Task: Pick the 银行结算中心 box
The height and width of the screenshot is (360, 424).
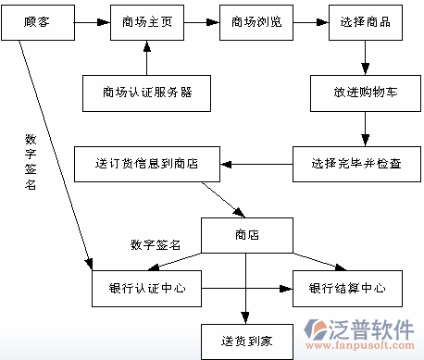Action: pyautogui.click(x=347, y=289)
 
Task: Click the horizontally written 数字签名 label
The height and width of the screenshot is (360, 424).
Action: pyautogui.click(x=155, y=245)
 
